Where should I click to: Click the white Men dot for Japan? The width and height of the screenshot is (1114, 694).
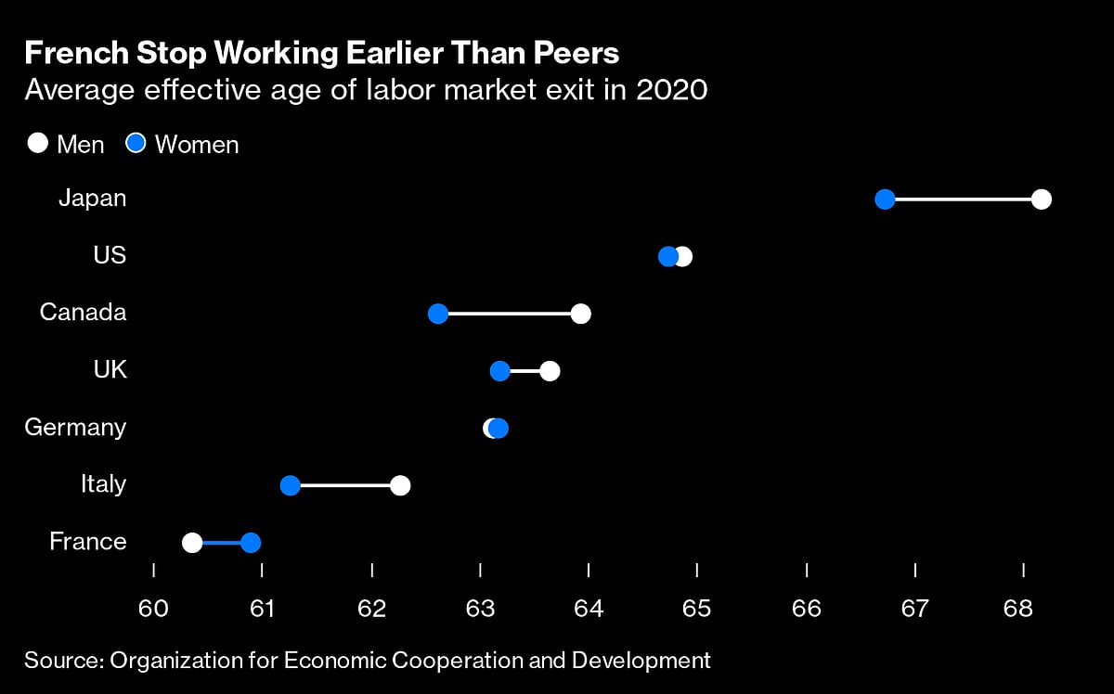point(1041,199)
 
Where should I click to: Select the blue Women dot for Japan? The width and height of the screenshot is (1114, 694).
point(885,199)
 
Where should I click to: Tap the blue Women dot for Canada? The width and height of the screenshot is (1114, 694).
point(438,314)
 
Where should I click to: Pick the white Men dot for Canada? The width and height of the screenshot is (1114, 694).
point(581,314)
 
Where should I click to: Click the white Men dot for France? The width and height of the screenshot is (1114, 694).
point(192,543)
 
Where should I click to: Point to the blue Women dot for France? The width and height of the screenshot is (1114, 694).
point(251,543)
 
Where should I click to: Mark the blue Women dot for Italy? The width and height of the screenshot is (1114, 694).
point(291,485)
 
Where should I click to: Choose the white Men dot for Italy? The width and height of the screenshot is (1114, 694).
point(400,485)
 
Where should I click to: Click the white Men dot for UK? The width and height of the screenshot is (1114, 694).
point(550,371)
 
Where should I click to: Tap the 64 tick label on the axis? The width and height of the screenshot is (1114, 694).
point(589,609)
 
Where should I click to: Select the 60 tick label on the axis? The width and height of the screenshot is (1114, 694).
point(153,609)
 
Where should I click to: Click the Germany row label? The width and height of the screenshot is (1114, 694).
point(75,428)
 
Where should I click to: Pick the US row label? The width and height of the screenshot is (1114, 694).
point(110,255)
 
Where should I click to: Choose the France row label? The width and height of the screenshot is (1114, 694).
point(88,542)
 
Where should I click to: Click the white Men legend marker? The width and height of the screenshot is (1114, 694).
point(38,144)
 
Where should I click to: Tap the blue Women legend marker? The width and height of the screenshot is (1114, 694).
point(136,144)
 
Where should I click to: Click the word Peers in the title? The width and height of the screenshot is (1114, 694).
point(576,55)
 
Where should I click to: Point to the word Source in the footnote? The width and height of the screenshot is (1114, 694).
point(61,661)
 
